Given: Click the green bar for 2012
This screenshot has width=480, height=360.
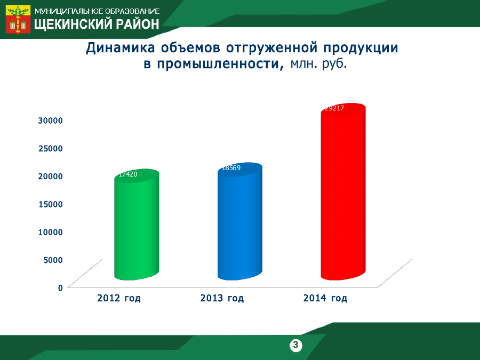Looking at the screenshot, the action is point(137,225).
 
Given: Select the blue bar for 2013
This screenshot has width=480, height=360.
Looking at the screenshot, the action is point(239,221).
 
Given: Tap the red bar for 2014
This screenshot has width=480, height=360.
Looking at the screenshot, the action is point(343,191).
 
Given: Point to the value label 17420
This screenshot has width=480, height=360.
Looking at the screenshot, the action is point(128,174).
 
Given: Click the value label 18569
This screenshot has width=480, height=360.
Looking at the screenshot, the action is point(231,168).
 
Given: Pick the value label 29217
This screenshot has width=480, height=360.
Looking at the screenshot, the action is point(334,108).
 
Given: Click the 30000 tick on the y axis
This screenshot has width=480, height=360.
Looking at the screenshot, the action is point(51,121).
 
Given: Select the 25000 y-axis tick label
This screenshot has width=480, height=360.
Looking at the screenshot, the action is point(51,148).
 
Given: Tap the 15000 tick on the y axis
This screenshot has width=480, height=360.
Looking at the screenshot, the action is point(51,204).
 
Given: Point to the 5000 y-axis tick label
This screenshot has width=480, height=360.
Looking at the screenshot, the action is point(53,260).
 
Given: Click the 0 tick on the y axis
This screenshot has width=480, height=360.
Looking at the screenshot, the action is point(60,288).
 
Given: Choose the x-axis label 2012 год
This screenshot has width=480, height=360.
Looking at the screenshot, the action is point(119,298).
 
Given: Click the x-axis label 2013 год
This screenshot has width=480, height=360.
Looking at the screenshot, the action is point(222,298).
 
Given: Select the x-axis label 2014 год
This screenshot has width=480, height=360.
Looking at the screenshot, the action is point(325,298).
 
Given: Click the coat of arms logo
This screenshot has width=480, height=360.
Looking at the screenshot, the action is point(18,19).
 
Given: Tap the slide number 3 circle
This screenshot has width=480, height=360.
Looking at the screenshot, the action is point(295,345).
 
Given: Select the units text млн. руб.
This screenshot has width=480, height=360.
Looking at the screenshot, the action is point(319,63).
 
